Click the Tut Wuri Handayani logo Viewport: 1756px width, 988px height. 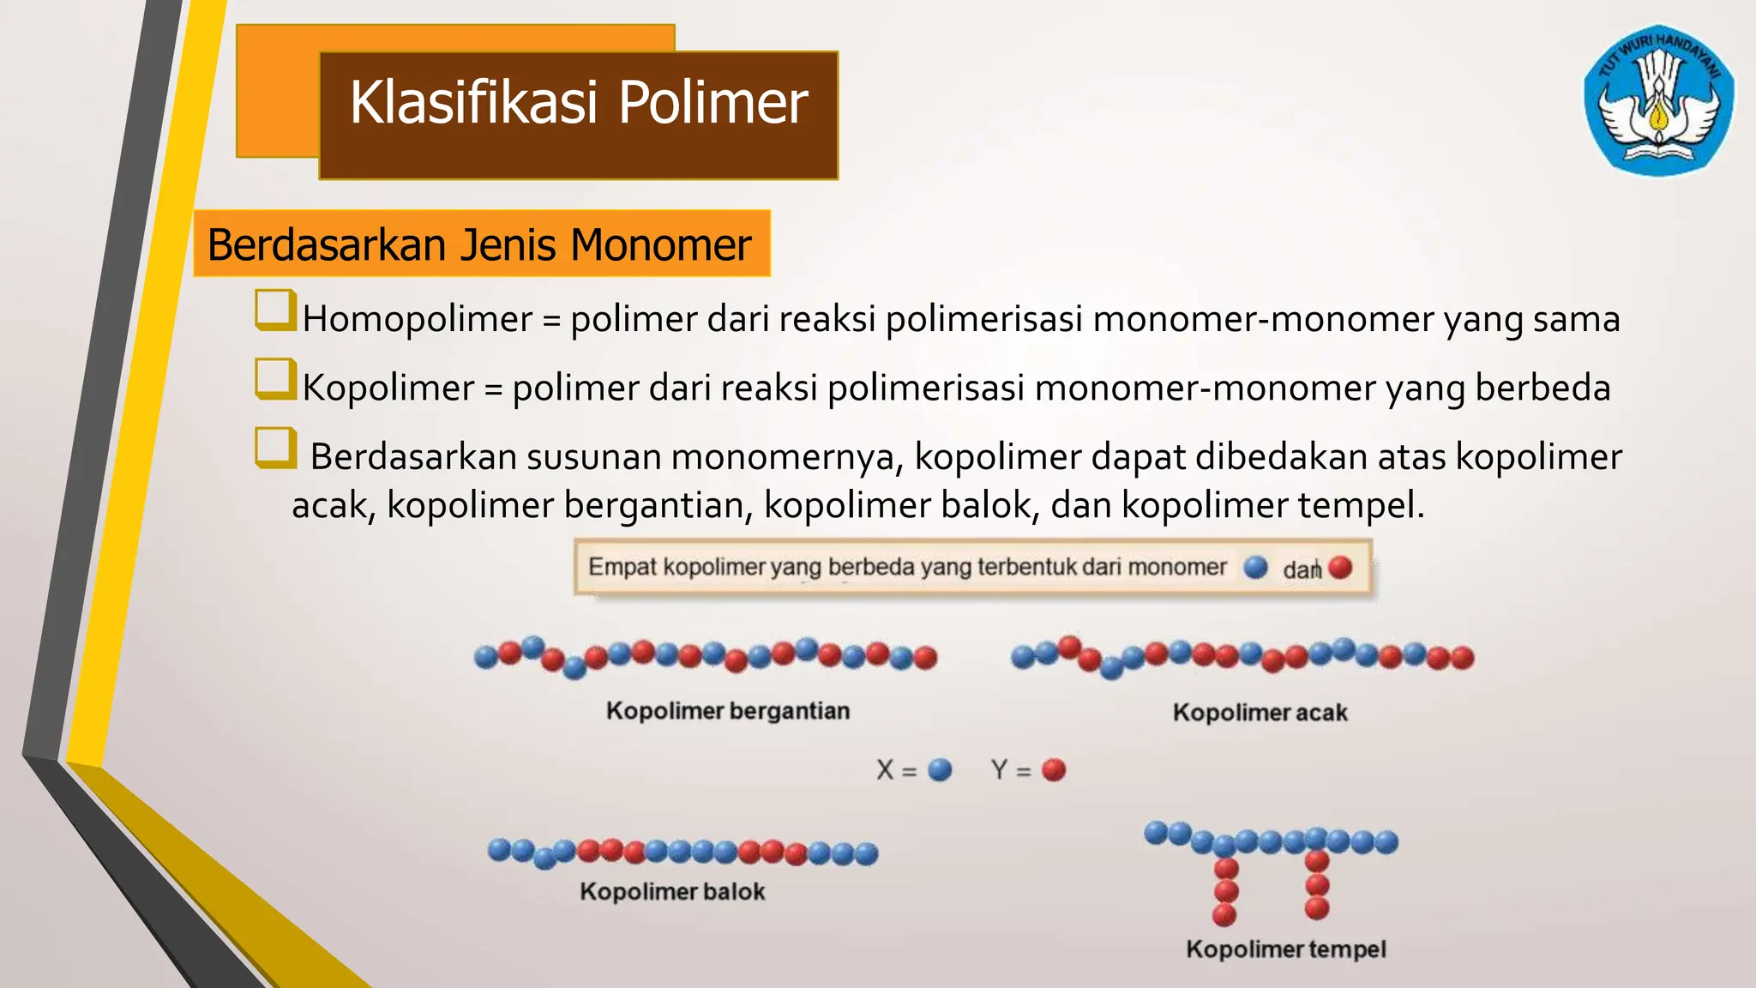coord(1659,100)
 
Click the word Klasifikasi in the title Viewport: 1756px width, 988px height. coord(473,102)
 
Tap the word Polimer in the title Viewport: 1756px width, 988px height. coord(713,102)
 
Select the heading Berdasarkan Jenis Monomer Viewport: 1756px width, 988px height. coord(480,244)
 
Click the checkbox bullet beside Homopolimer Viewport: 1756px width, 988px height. coord(274,310)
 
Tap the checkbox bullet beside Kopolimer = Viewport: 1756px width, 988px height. coord(274,379)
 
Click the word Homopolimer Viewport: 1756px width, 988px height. coord(418,320)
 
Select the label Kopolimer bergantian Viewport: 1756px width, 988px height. coord(728,711)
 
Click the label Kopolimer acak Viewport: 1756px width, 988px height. coord(1260,713)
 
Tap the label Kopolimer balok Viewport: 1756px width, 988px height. coord(672,892)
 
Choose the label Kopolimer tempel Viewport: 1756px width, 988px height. coord(1286,949)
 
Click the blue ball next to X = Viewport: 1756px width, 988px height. coord(940,769)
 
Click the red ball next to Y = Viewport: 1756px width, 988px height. coord(1054,769)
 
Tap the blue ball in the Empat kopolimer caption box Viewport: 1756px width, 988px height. coord(1255,567)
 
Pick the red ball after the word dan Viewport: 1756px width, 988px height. coord(1340,567)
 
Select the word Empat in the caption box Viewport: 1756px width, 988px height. coord(622,567)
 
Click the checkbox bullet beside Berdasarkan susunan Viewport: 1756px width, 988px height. coord(274,448)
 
